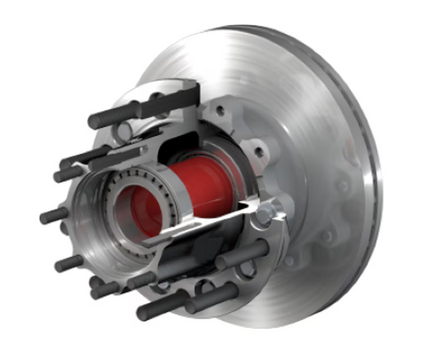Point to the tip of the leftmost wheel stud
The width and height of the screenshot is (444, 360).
pos(44,217)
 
